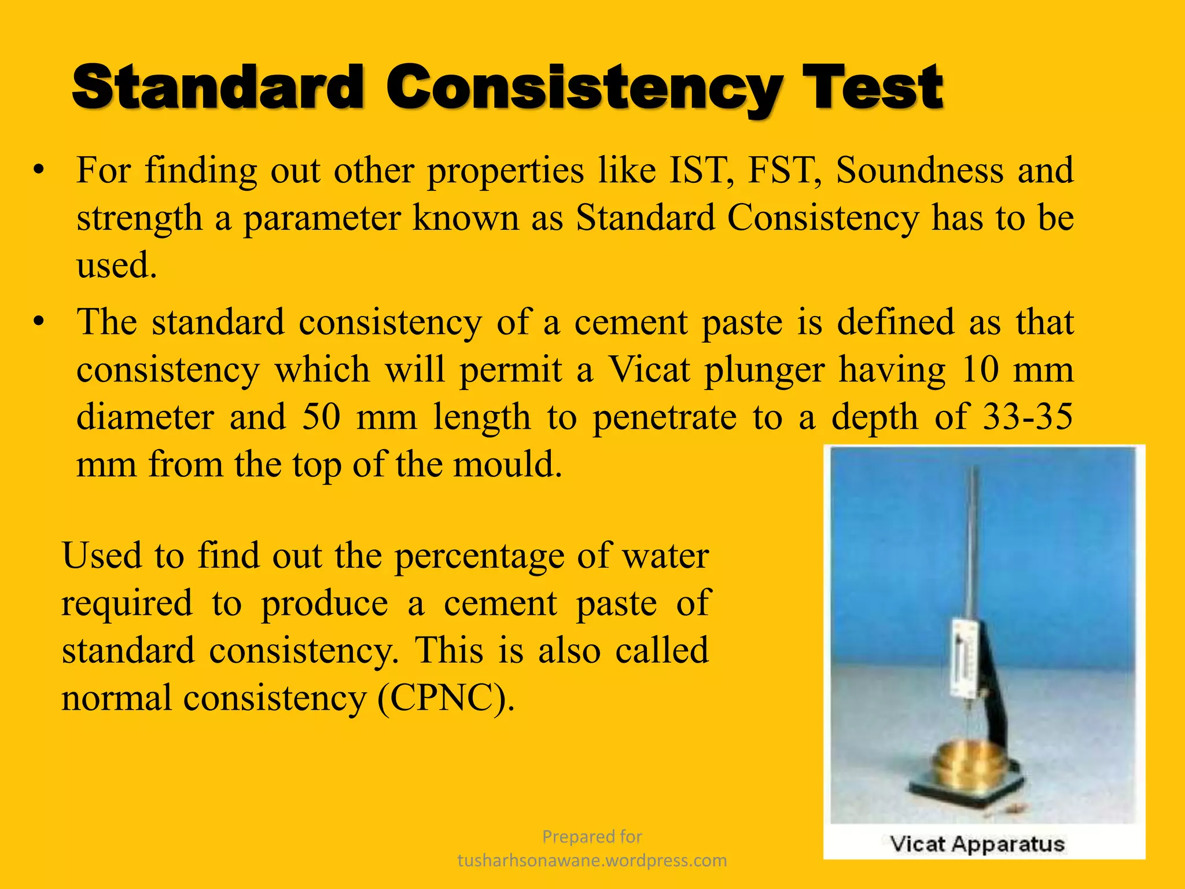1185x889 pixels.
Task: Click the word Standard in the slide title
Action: (x=219, y=88)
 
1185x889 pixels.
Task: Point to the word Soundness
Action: (x=919, y=171)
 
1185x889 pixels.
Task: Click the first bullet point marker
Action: (x=39, y=170)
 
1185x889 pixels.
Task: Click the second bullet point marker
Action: (x=39, y=322)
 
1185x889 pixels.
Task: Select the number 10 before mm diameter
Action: (x=980, y=370)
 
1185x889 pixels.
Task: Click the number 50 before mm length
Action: (x=321, y=417)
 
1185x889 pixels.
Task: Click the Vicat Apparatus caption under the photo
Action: (x=977, y=844)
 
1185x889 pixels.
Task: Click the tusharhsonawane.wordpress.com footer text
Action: (x=592, y=861)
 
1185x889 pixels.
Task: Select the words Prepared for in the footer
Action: (x=592, y=837)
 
